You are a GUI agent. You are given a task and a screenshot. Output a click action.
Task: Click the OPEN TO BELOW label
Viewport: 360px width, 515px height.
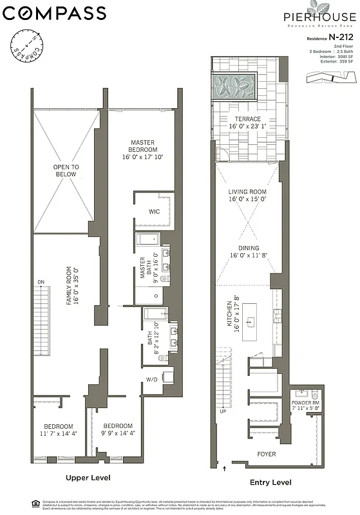click(66, 170)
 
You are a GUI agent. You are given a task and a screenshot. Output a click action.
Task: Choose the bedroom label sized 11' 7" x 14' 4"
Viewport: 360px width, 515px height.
click(59, 430)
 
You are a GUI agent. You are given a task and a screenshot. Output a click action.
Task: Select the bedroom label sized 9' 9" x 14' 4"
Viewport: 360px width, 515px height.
click(118, 430)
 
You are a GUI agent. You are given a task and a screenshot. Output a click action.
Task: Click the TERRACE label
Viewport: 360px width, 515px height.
click(247, 123)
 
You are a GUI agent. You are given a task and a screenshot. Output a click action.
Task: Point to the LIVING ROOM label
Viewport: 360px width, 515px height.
click(247, 195)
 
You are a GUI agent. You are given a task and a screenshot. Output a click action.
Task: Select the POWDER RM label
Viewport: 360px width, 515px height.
click(305, 403)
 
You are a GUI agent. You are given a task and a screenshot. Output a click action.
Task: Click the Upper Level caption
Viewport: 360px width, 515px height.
click(88, 478)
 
